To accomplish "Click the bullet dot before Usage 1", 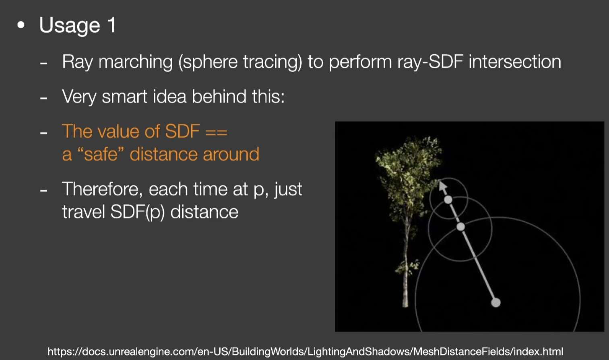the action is (x=21, y=25).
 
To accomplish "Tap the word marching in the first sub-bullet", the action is (x=135, y=62).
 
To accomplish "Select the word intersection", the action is (x=515, y=62).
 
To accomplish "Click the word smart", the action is (x=124, y=97).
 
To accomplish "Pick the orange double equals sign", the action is (x=217, y=132).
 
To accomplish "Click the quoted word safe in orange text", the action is (x=101, y=155).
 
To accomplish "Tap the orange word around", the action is (x=231, y=155).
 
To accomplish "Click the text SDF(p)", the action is (x=138, y=212).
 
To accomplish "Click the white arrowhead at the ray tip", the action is (x=443, y=186).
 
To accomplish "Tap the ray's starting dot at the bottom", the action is (x=496, y=302).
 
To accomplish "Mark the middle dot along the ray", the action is (x=460, y=226).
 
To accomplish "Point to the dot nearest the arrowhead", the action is (x=448, y=200).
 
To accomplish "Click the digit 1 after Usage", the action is (x=112, y=25).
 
